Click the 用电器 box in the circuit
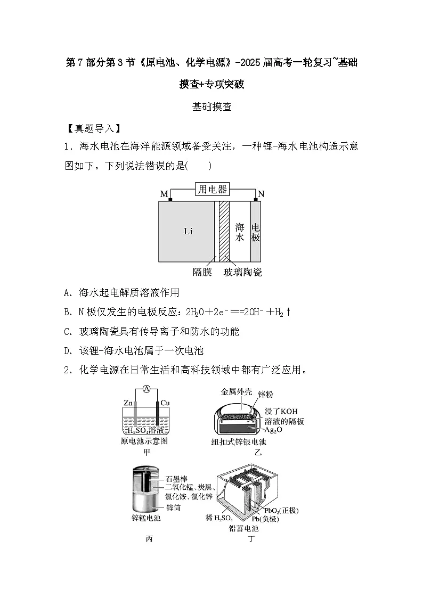(212, 189)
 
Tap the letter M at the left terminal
(164, 194)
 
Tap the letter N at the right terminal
(261, 194)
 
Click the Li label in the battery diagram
(188, 231)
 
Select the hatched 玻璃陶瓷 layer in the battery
(224, 231)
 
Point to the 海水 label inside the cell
(240, 232)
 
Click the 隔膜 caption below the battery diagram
(202, 272)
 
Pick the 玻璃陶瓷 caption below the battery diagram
(242, 272)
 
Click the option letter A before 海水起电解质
(68, 293)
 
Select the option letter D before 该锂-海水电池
(68, 351)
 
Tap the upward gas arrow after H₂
(288, 312)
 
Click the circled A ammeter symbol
(147, 389)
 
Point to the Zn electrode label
(128, 403)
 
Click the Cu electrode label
(165, 403)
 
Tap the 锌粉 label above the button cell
(265, 394)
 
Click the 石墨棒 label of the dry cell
(176, 479)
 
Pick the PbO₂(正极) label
(281, 510)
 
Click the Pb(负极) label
(265, 519)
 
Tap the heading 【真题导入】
(93, 128)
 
